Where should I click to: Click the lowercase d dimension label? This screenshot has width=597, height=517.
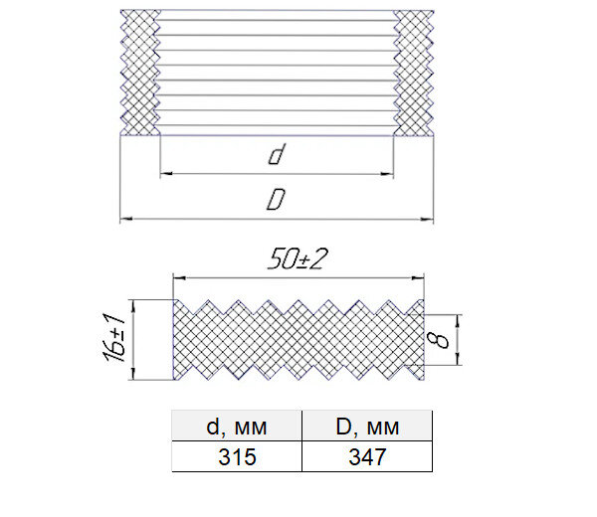pyautogui.click(x=277, y=154)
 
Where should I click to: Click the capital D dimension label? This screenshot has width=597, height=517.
pyautogui.click(x=276, y=200)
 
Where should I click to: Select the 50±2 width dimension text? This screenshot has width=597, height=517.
pyautogui.click(x=298, y=259)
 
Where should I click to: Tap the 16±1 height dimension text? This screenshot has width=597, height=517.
pyautogui.click(x=113, y=337)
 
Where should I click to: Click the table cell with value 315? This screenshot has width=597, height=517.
pyautogui.click(x=237, y=456)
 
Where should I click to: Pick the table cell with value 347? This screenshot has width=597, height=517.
pyautogui.click(x=367, y=456)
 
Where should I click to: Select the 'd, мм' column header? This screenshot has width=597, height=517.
pyautogui.click(x=237, y=427)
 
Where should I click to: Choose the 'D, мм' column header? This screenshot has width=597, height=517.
pyautogui.click(x=367, y=427)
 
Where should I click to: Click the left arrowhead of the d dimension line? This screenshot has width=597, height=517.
pyautogui.click(x=166, y=174)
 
